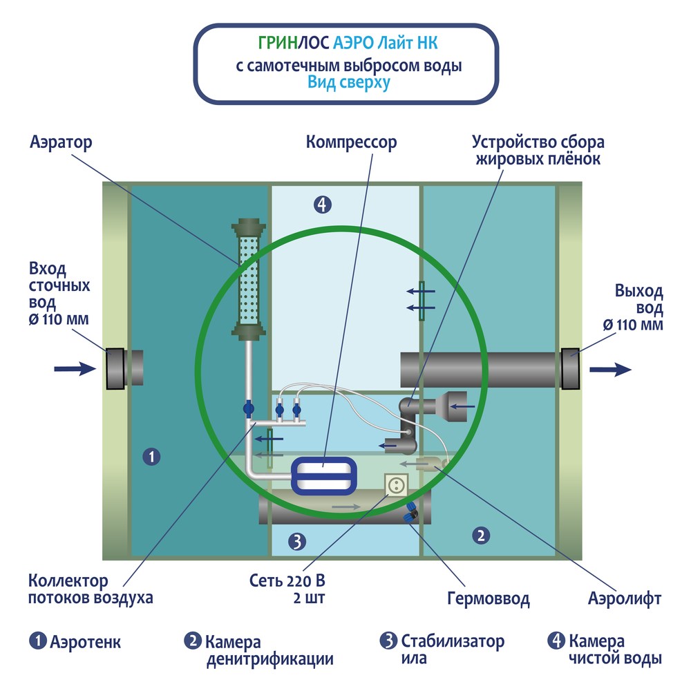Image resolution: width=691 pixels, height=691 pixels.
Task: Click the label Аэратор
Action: point(61,142)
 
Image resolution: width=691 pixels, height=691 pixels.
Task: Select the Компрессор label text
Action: point(352,142)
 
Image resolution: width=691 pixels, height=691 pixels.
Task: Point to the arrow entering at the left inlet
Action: point(75,369)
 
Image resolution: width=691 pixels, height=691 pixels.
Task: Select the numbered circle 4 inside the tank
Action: point(322,204)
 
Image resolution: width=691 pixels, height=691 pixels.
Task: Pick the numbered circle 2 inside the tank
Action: point(481,534)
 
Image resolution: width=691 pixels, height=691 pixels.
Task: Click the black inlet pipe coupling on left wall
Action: point(115,368)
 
